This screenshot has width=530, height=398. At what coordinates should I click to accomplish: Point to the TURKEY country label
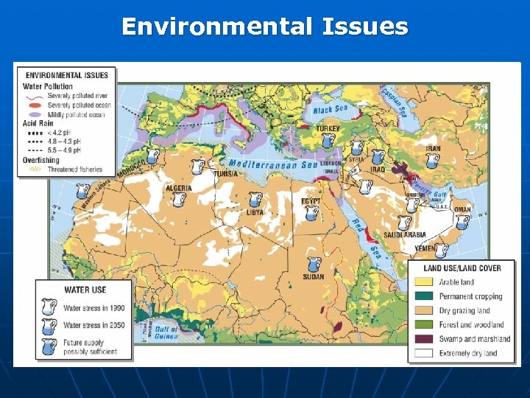328,128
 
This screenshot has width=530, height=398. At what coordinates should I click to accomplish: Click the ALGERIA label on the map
179,188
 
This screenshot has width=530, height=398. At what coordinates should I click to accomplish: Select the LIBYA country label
255,212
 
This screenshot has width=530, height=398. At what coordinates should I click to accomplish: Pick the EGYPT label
311,200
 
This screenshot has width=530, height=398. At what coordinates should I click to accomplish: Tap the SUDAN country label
314,277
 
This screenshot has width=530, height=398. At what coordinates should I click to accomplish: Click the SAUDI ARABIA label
405,235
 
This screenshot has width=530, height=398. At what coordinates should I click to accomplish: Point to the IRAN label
433,148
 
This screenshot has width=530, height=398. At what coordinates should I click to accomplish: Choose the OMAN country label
462,210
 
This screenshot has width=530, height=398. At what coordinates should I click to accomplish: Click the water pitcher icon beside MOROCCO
152,156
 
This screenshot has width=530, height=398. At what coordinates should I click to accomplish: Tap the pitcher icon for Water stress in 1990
49,307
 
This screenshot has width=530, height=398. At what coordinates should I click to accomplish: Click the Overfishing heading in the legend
41,159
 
